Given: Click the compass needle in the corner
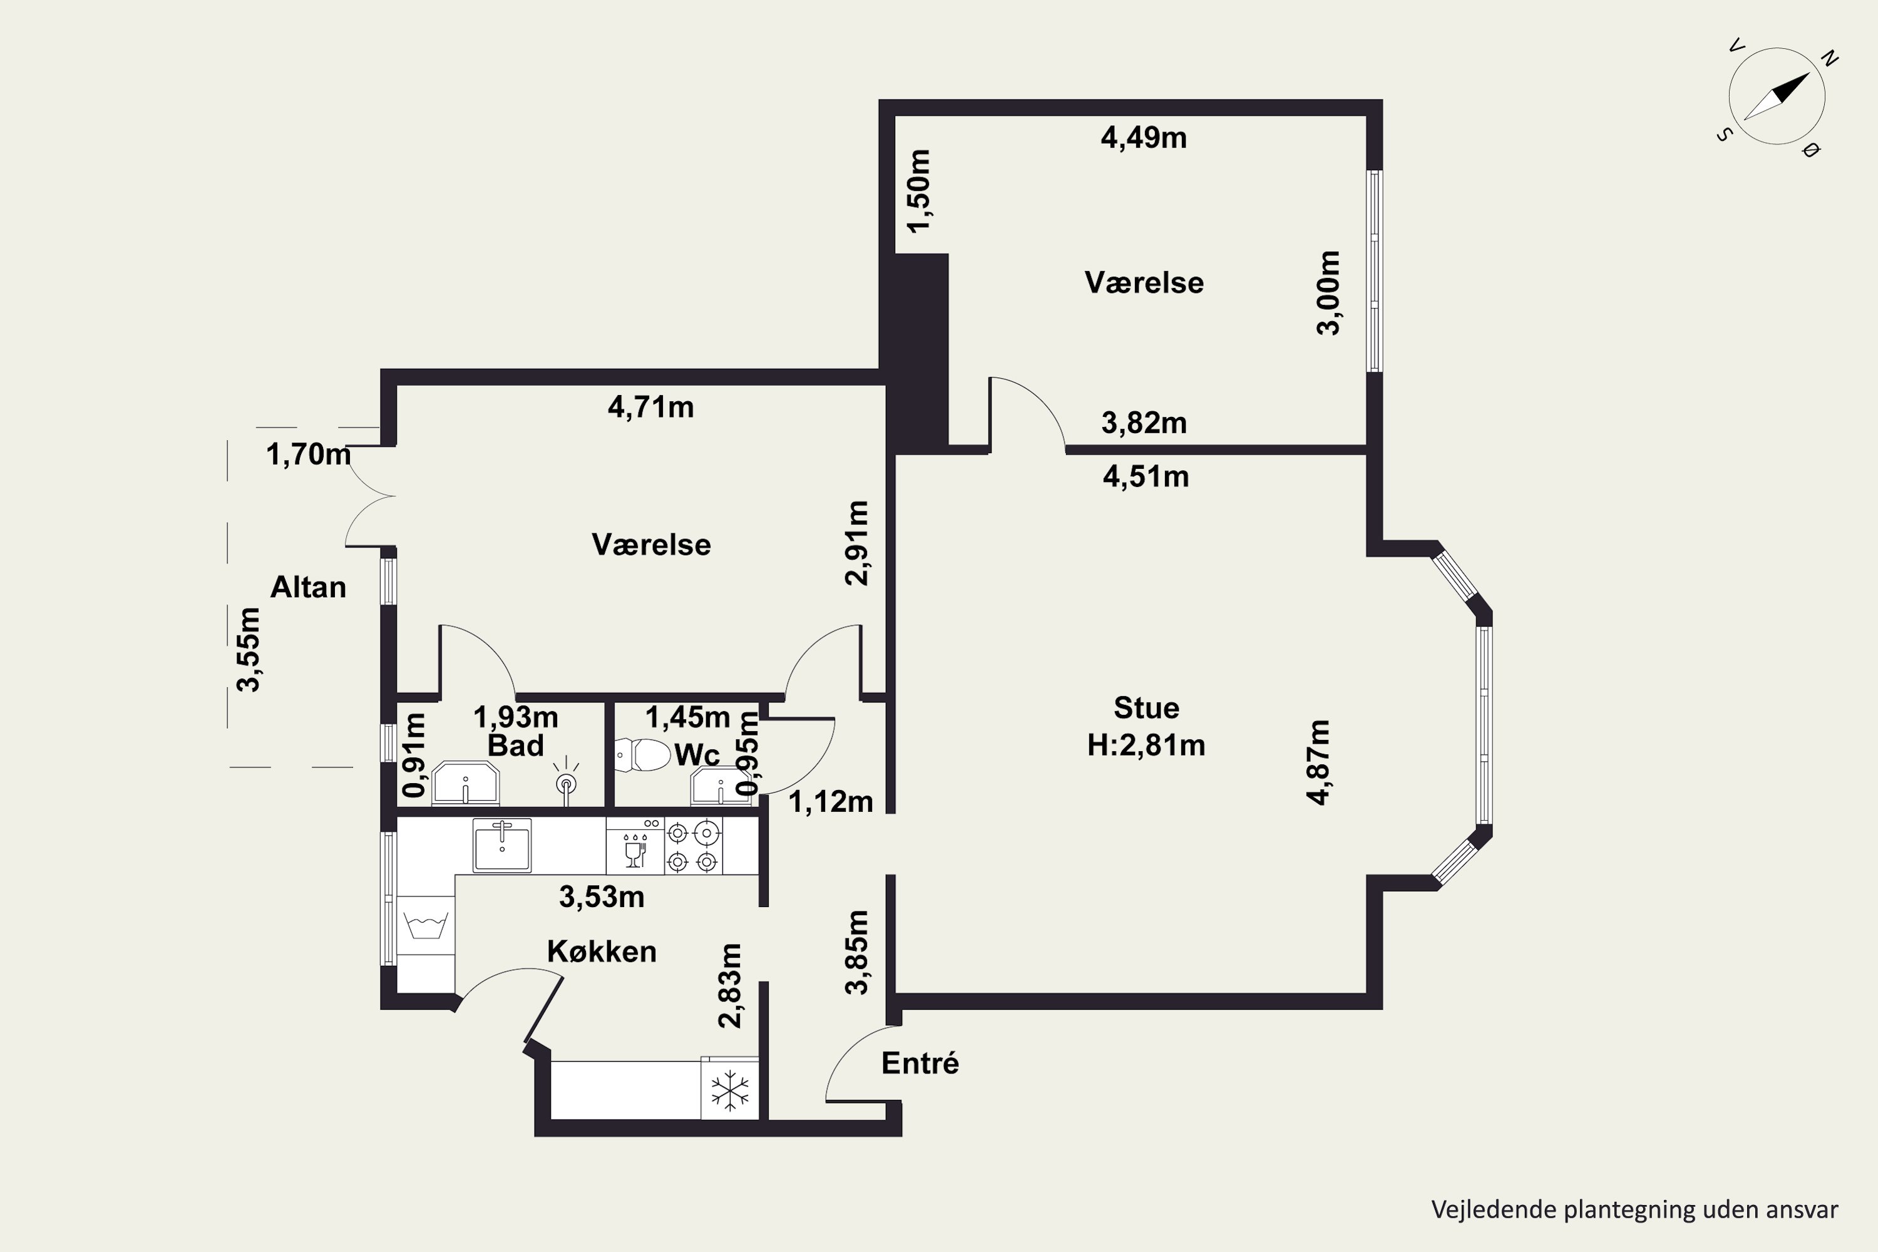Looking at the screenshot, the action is (1777, 96).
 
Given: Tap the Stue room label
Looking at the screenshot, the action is (1146, 708).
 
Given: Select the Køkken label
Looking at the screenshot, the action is (601, 952).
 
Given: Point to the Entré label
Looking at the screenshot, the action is (920, 1063).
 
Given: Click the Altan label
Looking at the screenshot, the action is (308, 588).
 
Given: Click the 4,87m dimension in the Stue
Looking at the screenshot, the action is (1318, 762).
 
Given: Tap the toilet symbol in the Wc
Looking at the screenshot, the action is (643, 754).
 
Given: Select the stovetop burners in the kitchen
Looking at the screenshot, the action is (693, 846).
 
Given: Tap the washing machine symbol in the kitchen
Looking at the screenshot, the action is (426, 925).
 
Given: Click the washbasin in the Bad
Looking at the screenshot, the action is (466, 783).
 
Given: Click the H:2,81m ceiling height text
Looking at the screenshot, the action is (1146, 745).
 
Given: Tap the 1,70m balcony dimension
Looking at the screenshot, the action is (308, 454).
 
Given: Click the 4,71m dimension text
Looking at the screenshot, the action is (651, 408).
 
